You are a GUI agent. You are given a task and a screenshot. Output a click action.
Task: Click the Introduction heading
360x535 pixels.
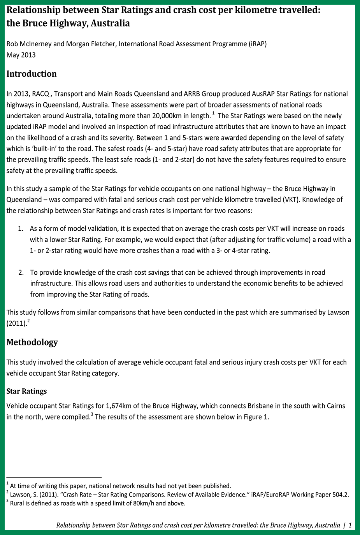click(x=32, y=74)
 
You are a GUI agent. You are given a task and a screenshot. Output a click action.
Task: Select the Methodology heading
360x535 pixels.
click(x=32, y=342)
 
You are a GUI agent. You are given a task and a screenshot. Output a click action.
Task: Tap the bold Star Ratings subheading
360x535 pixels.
click(x=26, y=391)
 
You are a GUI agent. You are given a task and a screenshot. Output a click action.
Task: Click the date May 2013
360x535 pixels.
click(x=21, y=55)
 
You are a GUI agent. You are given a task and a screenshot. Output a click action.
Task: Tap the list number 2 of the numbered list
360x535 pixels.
click(x=21, y=273)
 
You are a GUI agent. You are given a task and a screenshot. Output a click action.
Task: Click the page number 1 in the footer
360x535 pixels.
click(x=350, y=525)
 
